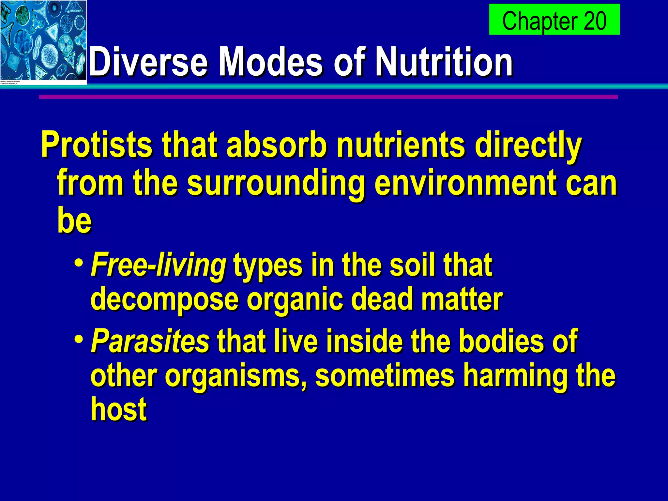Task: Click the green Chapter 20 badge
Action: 554,20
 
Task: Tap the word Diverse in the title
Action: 148,61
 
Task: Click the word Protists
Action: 97,145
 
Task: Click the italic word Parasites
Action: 150,341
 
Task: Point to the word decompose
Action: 165,299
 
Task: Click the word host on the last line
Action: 119,409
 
